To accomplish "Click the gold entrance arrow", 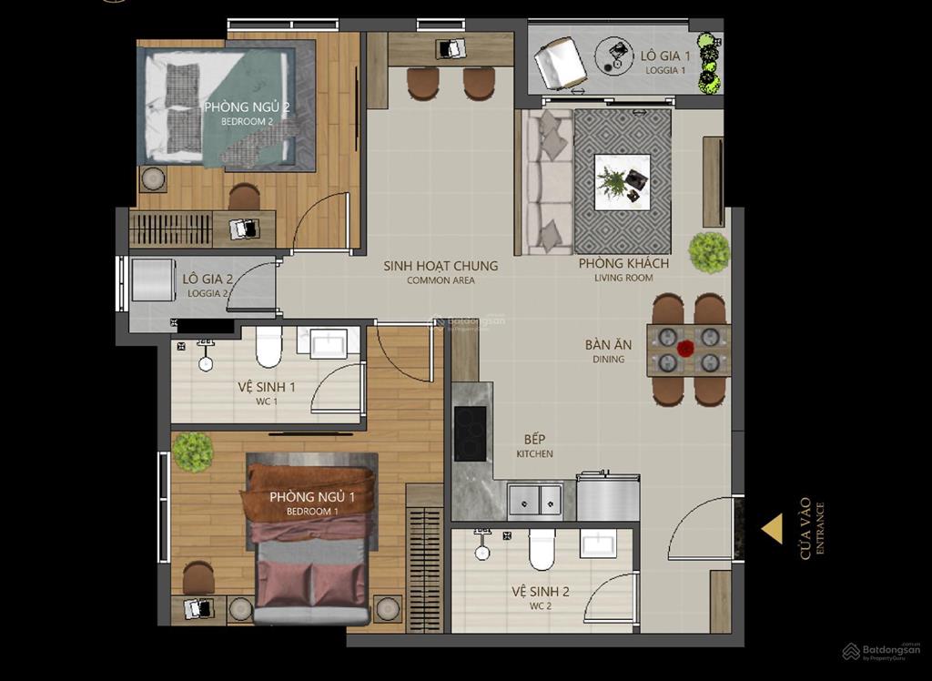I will pyautogui.click(x=773, y=529).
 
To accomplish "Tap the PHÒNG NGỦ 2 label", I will pyautogui.click(x=247, y=107).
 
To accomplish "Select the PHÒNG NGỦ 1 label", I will pyautogui.click(x=311, y=497).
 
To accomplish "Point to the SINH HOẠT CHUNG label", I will pyautogui.click(x=441, y=266).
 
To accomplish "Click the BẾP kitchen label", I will pyautogui.click(x=534, y=438).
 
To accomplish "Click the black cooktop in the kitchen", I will pyautogui.click(x=470, y=433).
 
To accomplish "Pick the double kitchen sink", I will pyautogui.click(x=536, y=499).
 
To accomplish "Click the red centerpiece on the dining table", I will pyautogui.click(x=685, y=348).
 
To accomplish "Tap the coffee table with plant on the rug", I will pyautogui.click(x=623, y=182).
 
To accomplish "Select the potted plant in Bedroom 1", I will pyautogui.click(x=192, y=452).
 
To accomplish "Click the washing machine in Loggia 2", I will pyautogui.click(x=152, y=280).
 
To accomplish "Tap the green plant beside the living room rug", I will pyautogui.click(x=709, y=252).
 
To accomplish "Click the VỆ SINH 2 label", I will pyautogui.click(x=540, y=592).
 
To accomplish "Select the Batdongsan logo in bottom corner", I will pyautogui.click(x=881, y=651).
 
